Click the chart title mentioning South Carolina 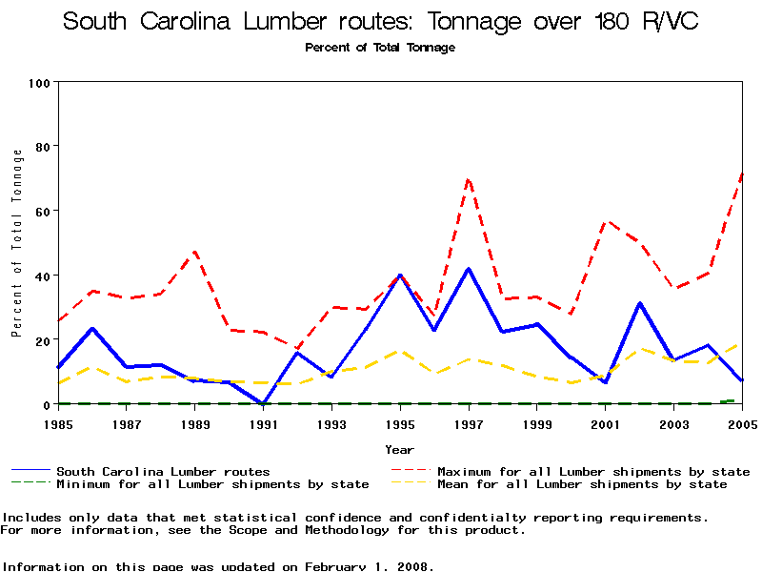pyautogui.click(x=380, y=22)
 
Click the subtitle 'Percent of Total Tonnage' pyautogui.click(x=380, y=48)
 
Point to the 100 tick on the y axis pyautogui.click(x=39, y=83)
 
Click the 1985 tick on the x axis pyautogui.click(x=58, y=423)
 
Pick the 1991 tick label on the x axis pyautogui.click(x=263, y=423)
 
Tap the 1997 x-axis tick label pyautogui.click(x=469, y=423)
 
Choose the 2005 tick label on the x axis pyautogui.click(x=741, y=423)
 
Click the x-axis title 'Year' pyautogui.click(x=399, y=449)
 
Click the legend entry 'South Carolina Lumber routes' pyautogui.click(x=163, y=471)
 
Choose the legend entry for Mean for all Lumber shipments pyautogui.click(x=581, y=484)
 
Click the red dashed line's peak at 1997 pyautogui.click(x=469, y=178)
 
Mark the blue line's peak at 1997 pyautogui.click(x=469, y=269)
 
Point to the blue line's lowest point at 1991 pyautogui.click(x=263, y=403)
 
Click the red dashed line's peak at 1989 pyautogui.click(x=195, y=253)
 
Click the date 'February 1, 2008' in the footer pyautogui.click(x=368, y=566)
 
